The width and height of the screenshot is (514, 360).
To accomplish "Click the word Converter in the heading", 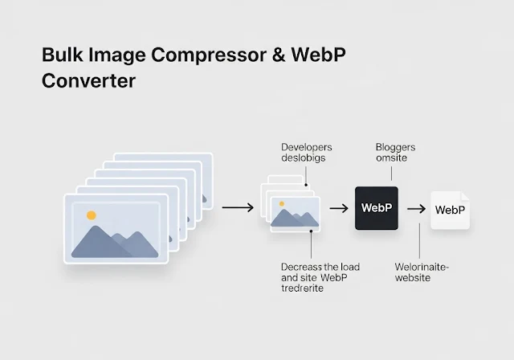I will click(88, 81).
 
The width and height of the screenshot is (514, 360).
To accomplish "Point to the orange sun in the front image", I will click(92, 215).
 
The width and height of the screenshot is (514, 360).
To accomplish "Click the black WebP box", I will click(376, 208).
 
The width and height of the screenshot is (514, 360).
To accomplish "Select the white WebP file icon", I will click(450, 210).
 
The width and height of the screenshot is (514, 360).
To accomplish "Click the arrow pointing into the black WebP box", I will click(338, 208).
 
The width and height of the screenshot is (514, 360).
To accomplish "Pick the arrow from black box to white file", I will click(415, 209).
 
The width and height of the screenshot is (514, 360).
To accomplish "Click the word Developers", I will click(307, 147).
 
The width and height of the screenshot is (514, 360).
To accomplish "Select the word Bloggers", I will click(395, 147).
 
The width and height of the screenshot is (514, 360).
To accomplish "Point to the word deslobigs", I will click(304, 158).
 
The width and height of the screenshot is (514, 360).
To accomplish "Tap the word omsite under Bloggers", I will click(392, 158).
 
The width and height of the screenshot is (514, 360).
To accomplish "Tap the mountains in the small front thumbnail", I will click(295, 217).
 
